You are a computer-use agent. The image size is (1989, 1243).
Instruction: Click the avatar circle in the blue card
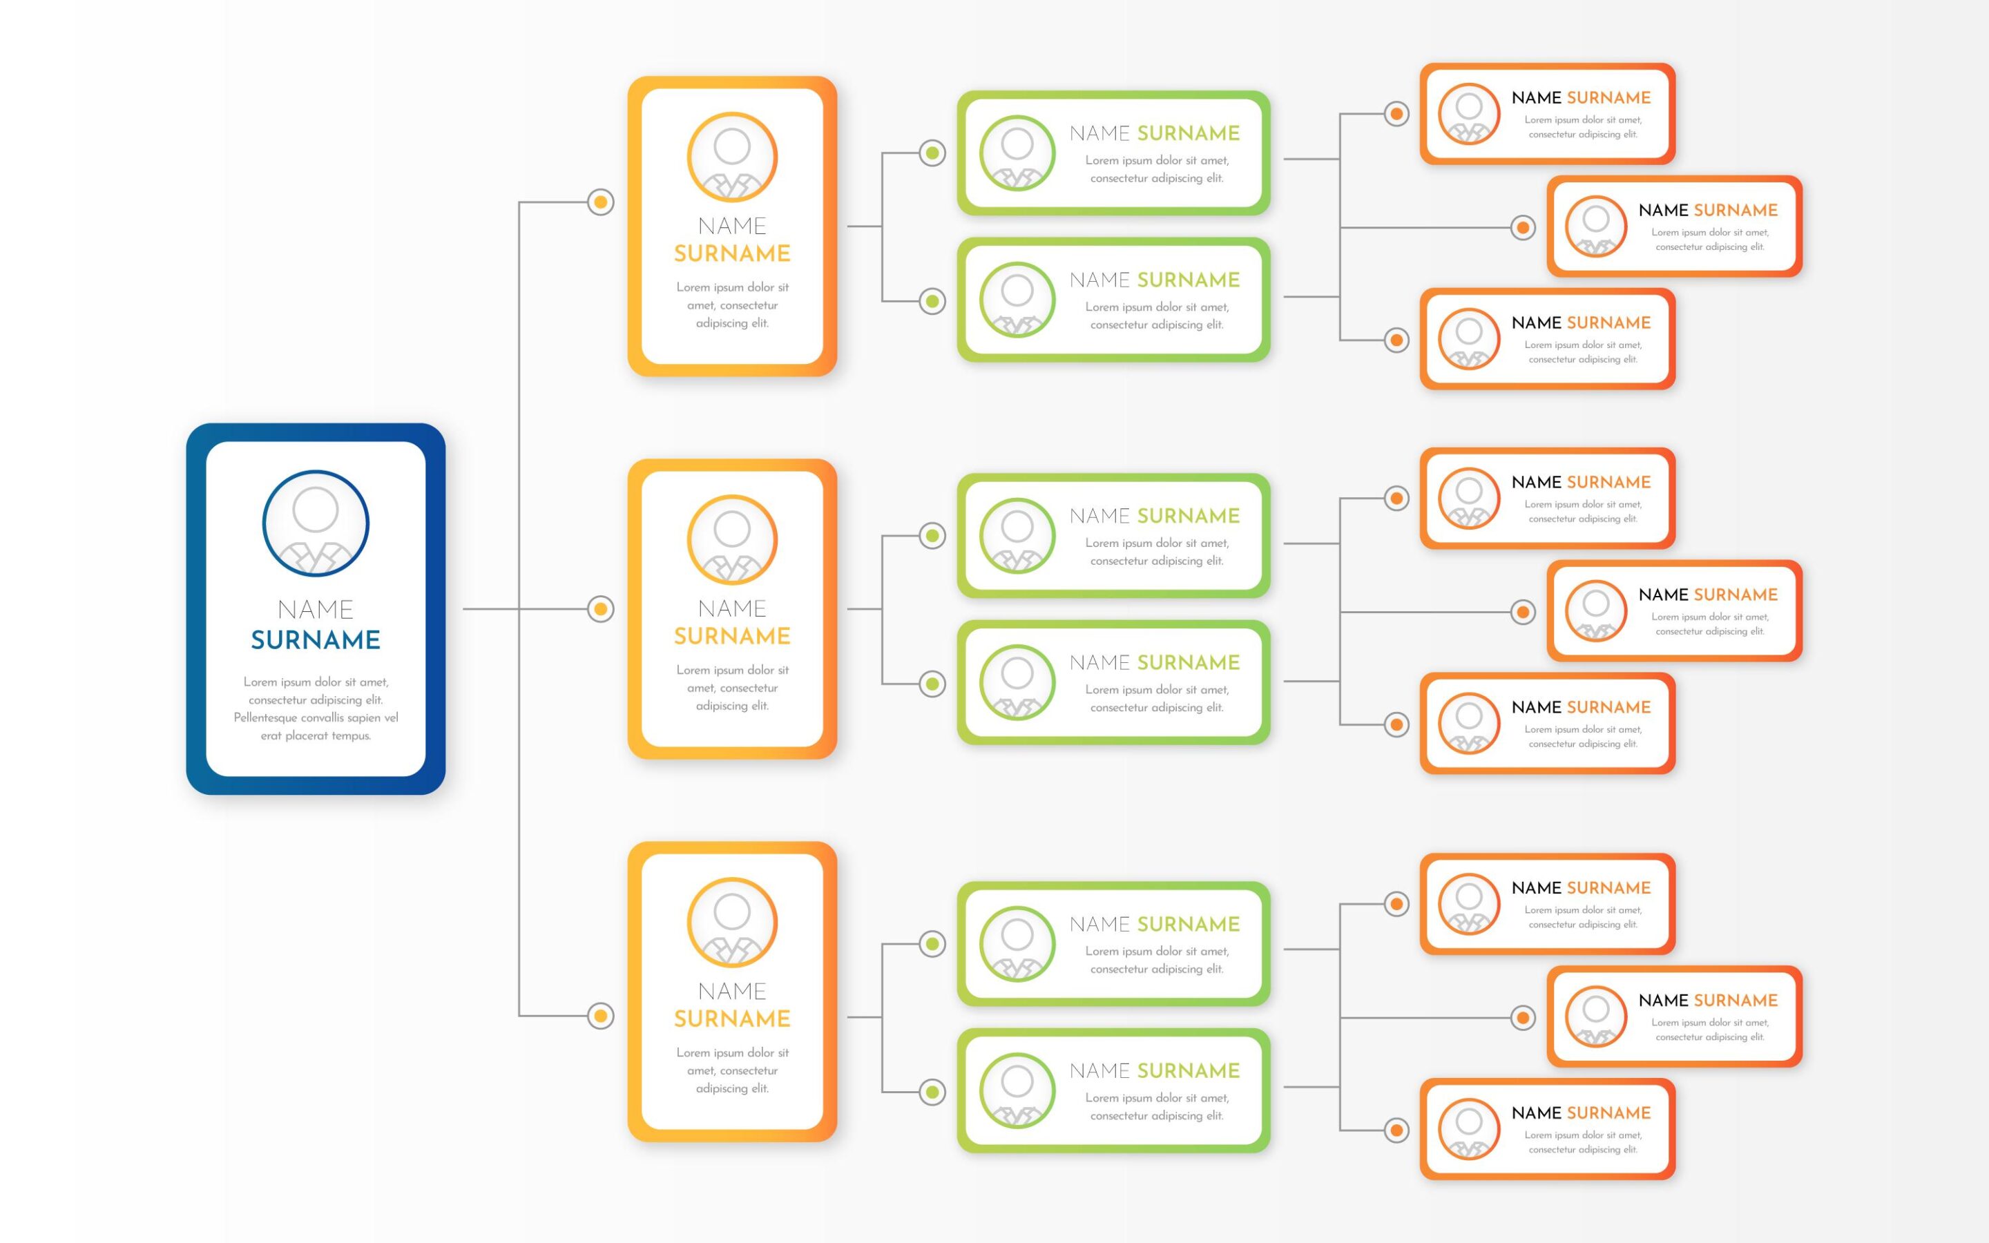316,523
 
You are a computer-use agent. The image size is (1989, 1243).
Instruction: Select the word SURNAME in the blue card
316,639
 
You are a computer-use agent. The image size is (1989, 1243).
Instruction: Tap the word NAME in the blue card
316,609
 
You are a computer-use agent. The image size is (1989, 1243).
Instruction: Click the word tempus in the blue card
351,735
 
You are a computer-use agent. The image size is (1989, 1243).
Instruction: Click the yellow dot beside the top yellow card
601,202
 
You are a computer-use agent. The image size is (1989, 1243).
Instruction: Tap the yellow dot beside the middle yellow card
601,609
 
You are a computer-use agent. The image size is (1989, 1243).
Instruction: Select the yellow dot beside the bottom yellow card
601,1016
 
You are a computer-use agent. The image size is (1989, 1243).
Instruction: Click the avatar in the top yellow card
732,157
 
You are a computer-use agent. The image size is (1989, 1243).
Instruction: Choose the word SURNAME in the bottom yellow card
732,1019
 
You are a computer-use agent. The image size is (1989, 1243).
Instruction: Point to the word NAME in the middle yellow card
732,608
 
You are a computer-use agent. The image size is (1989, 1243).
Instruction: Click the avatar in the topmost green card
1017,153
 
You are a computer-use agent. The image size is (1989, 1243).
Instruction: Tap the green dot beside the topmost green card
932,153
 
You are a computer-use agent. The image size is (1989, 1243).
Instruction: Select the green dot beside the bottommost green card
932,1092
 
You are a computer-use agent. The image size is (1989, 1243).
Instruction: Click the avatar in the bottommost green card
1017,1091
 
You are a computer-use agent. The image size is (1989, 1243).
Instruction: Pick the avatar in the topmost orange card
1470,113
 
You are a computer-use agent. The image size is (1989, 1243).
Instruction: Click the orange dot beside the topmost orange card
1396,113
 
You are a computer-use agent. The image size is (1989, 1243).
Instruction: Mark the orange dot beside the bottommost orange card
1396,1130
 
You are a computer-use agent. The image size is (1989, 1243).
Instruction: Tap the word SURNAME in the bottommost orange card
1609,1113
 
